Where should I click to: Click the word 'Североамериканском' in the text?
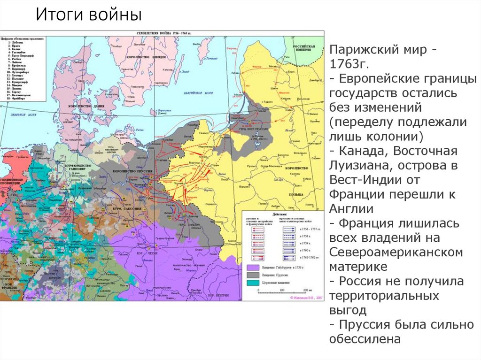pos(396,253)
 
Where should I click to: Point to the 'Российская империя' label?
pos(303,49)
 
